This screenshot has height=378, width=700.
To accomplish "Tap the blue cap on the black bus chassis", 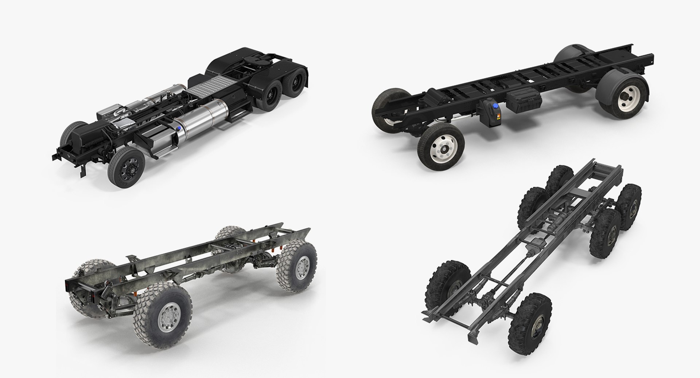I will [x=495, y=106].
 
